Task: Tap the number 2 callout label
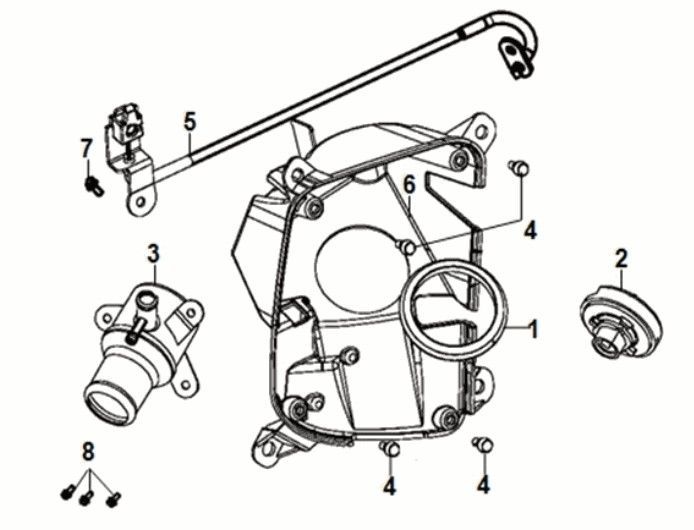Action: point(621,259)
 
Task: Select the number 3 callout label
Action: point(153,254)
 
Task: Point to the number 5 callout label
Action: point(189,122)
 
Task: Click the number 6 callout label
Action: point(408,183)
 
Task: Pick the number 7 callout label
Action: point(86,149)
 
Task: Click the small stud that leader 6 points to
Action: point(404,245)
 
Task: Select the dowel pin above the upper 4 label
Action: point(517,168)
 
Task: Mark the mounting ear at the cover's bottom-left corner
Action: point(268,443)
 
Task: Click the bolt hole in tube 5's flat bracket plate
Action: point(137,204)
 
